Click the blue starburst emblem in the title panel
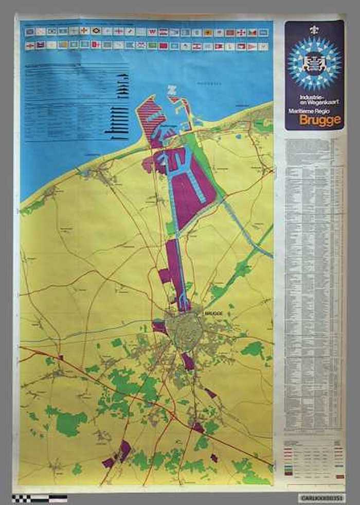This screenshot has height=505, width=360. tap(314, 63)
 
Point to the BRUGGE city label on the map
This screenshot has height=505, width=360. tap(213, 312)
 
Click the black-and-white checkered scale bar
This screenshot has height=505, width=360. tap(40, 498)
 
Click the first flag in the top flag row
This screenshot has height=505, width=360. tap(30, 32)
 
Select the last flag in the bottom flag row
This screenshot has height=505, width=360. tap(263, 46)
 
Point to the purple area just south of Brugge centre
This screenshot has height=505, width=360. tap(188, 362)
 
